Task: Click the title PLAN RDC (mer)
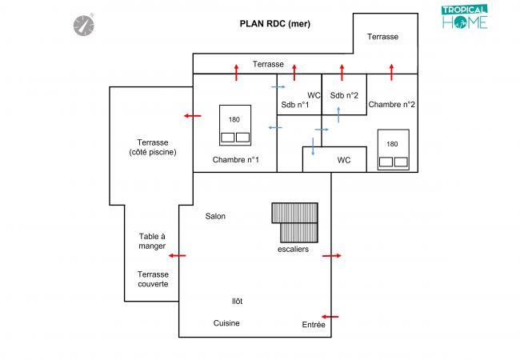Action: coord(274,24)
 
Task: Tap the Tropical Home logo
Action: coord(465,17)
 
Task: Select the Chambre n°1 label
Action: coord(235,160)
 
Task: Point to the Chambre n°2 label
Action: coord(392,104)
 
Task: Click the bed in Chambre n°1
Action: coord(234,125)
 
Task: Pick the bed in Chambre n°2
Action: coord(393,150)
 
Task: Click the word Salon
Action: coord(215,216)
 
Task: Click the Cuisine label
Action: coord(226,323)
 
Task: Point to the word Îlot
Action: coord(237,301)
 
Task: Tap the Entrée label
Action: coord(314,325)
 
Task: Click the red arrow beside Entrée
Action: coord(329,316)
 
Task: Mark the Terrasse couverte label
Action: coord(153,279)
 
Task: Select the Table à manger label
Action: coord(152,241)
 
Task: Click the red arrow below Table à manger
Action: coord(177,256)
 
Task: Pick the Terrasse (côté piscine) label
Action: coord(152,147)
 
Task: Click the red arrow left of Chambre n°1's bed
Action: coord(192,116)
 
